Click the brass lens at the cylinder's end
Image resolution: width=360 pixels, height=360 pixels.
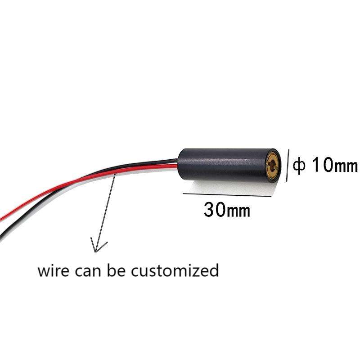coord(273,166)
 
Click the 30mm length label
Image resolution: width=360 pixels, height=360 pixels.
coord(227,209)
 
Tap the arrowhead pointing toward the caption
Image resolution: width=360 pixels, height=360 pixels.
coord(99,246)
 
